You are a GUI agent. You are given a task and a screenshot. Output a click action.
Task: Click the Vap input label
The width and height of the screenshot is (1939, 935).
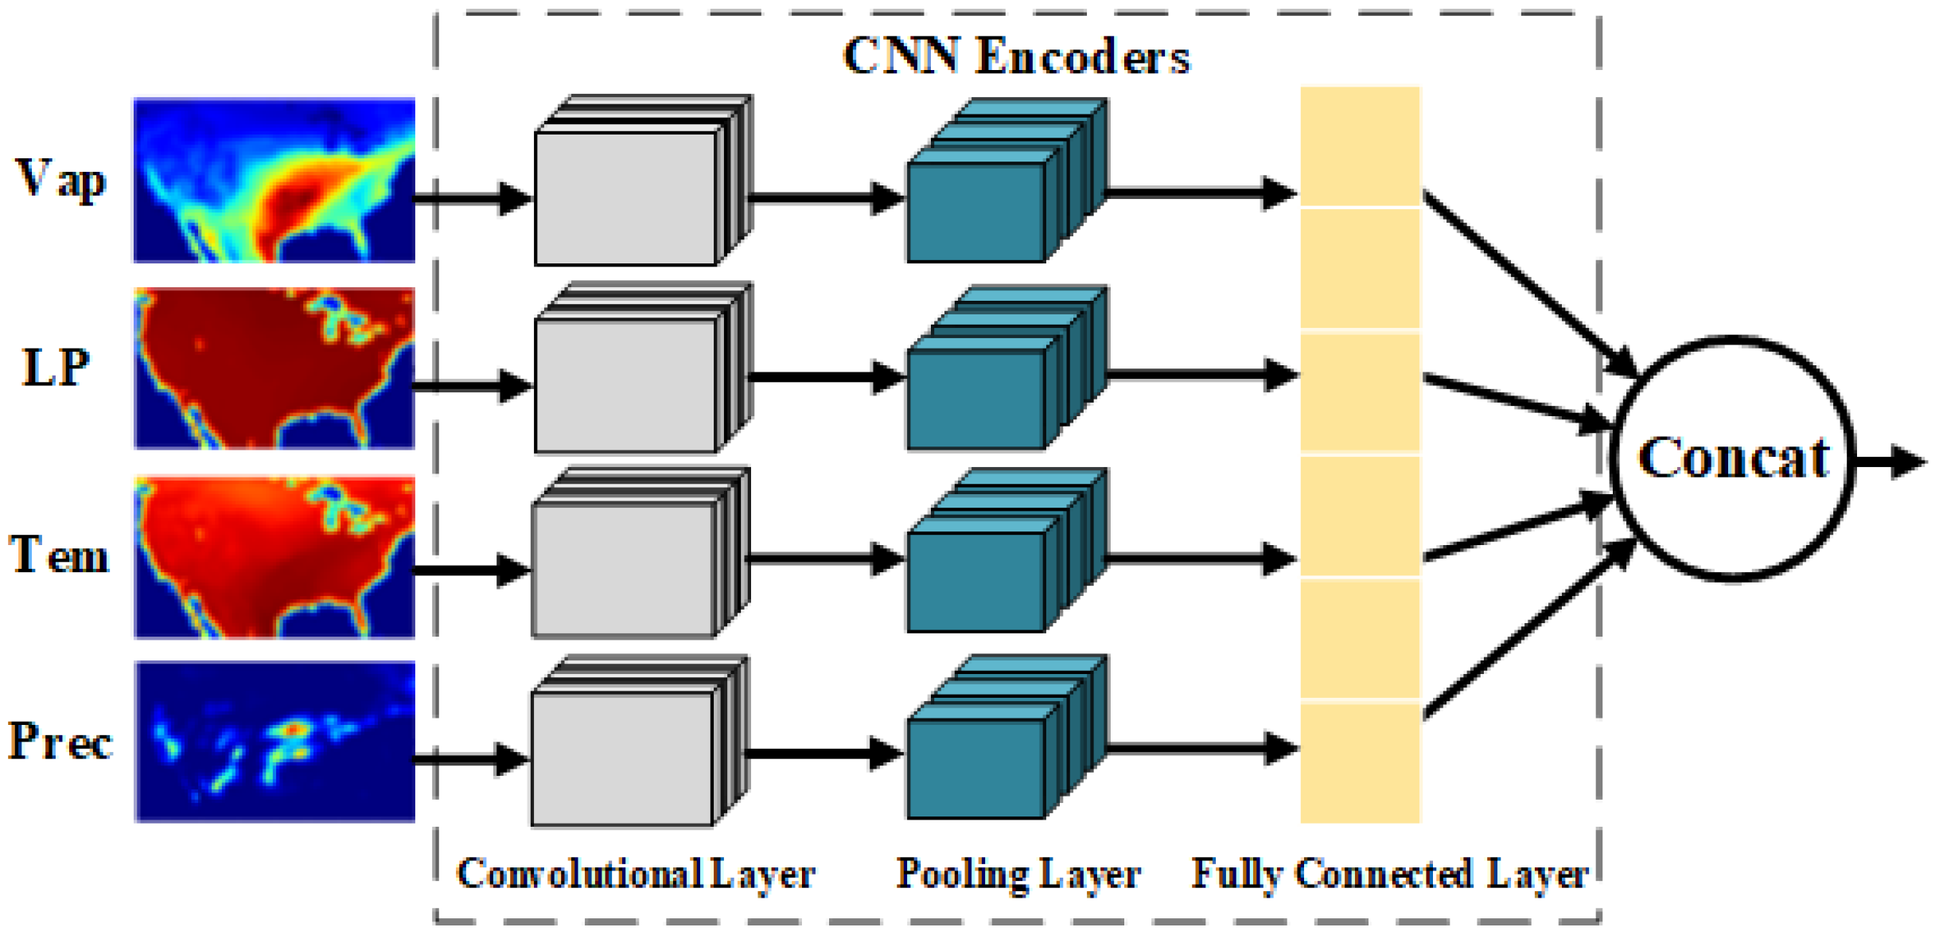pos(60,179)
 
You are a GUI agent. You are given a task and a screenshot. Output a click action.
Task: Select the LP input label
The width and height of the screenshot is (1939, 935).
pos(56,368)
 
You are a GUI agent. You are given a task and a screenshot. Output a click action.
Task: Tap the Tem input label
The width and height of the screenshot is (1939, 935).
pos(59,554)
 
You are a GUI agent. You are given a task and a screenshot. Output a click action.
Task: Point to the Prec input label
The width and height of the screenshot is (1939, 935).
pos(60,741)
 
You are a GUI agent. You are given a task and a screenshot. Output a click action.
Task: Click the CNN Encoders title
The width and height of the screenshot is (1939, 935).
pos(1016,56)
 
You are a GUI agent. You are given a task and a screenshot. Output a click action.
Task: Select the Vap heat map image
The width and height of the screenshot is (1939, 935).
pos(274,180)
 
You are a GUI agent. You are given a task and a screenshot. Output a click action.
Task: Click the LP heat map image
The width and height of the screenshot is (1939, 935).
pos(274,368)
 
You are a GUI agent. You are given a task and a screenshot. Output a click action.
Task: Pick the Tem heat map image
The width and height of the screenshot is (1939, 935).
pos(274,557)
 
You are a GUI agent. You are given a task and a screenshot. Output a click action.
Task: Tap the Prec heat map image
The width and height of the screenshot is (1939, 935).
pos(274,742)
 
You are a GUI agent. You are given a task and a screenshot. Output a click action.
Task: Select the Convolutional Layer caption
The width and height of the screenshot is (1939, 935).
pos(636,873)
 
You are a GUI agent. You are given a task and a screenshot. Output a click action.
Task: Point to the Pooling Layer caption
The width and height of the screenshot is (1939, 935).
pos(1018,875)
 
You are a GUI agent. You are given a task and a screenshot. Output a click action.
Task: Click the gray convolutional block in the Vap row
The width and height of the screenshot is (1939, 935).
pos(642,181)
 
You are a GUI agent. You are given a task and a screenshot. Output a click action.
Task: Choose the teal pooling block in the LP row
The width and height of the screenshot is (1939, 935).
pos(1006,368)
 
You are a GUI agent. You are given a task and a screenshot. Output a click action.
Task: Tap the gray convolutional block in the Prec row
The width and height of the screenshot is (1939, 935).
pos(640,742)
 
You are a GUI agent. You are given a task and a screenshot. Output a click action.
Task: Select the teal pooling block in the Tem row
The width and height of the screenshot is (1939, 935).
pos(1006,551)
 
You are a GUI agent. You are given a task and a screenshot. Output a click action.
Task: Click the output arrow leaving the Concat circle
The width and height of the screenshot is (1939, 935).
pos(1890,462)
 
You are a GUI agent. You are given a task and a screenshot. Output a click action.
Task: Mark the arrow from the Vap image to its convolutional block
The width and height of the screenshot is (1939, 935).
pos(473,198)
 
